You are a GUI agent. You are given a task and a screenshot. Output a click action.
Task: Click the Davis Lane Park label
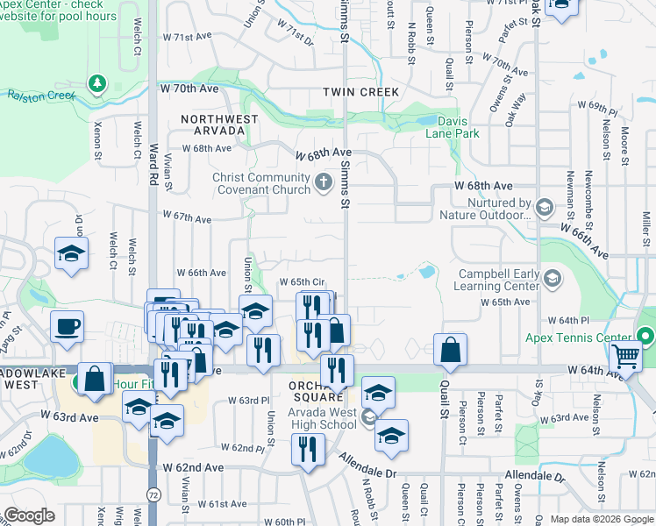pos(453,127)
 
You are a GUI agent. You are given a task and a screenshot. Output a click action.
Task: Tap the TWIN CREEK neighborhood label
pos(360,92)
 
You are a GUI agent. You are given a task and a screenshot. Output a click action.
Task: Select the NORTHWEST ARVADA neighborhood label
pos(219,124)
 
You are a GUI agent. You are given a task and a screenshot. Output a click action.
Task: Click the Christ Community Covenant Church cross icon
pos(323,184)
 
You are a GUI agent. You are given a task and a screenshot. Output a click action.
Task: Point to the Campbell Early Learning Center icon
pos(553,280)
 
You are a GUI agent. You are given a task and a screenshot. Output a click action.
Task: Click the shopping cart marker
pos(626,355)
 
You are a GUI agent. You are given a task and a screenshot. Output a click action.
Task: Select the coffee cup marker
pos(68,327)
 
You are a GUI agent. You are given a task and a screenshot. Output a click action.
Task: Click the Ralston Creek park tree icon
pos(96,85)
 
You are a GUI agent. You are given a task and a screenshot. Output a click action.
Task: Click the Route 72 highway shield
pos(153,496)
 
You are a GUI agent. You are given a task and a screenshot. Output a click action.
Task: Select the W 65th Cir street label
pos(302,281)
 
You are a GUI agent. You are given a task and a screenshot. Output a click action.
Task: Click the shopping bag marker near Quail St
pos(450,350)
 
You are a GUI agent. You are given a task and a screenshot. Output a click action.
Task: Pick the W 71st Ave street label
pos(188,38)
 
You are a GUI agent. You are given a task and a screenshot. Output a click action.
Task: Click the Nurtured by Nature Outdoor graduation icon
pos(545,207)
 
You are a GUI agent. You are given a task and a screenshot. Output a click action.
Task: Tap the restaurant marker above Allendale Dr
pos(307,451)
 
